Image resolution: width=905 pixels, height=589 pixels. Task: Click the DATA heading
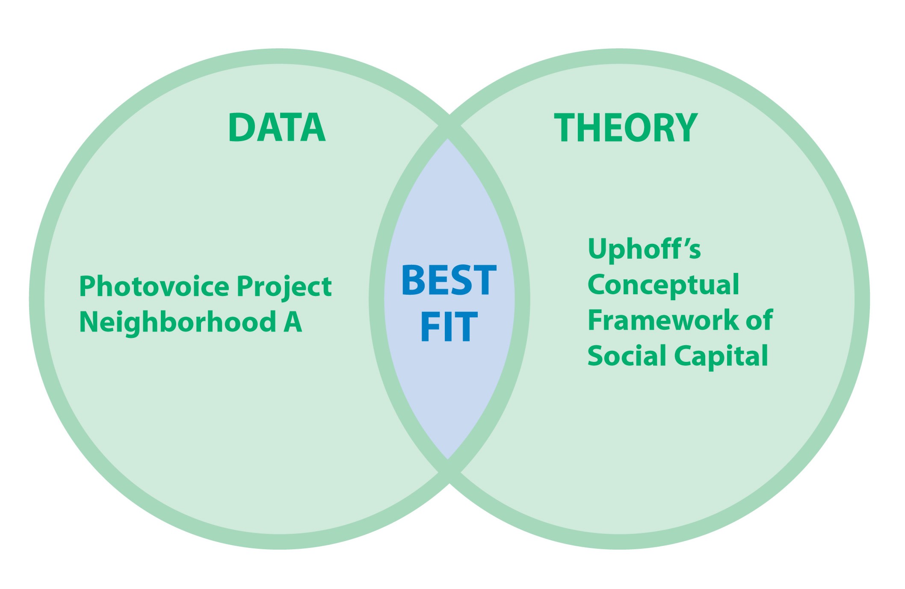coord(277,127)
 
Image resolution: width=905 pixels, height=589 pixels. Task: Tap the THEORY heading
coord(626,127)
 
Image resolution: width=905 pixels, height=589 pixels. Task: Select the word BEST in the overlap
coord(449,280)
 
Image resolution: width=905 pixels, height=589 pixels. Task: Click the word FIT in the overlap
coord(449,327)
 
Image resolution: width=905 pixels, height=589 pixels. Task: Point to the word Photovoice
coord(154,286)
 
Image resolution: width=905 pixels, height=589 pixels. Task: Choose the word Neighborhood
coord(178,322)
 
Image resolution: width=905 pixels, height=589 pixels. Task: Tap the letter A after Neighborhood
coord(293,322)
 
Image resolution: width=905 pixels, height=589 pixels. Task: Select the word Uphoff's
coord(645,249)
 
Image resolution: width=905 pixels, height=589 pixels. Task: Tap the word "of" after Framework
coord(759,320)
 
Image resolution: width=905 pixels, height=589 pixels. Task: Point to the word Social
coord(627,355)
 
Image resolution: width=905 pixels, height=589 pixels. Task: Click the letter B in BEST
coord(414,280)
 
